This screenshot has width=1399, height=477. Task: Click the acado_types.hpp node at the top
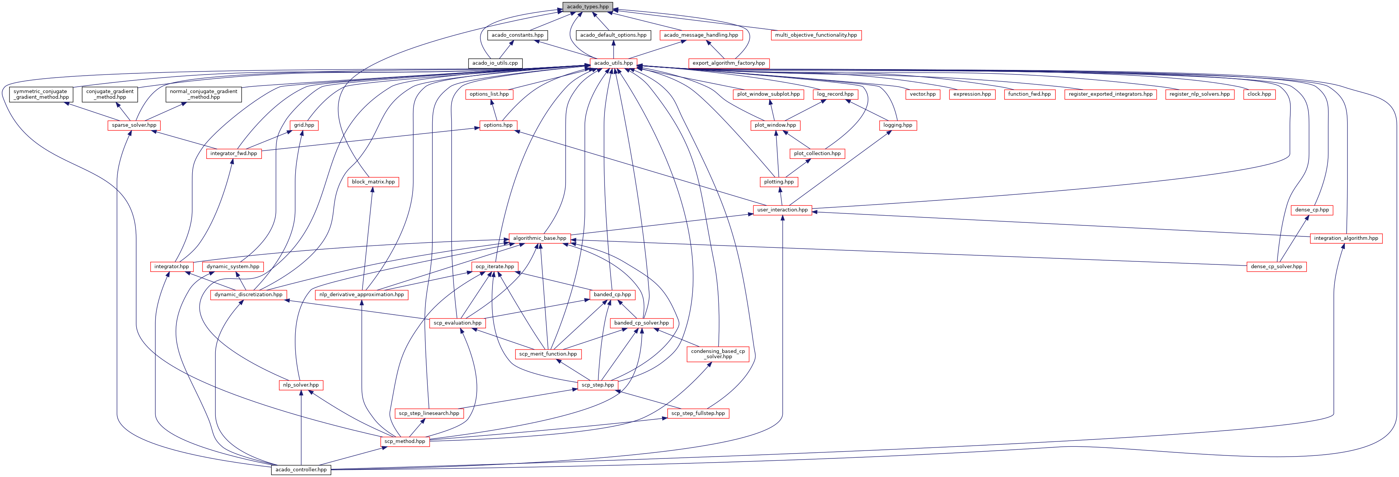pos(587,6)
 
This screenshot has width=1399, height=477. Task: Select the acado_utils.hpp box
pos(613,63)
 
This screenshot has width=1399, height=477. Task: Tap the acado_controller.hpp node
pos(301,469)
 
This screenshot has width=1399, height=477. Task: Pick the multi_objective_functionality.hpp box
pos(816,35)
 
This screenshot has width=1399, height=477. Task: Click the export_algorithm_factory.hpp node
pos(728,63)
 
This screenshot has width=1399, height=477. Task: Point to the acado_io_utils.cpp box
pos(495,63)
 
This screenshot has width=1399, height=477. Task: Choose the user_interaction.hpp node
pos(782,210)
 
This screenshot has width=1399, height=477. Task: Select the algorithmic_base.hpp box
pos(539,238)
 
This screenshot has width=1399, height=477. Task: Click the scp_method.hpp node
pos(405,441)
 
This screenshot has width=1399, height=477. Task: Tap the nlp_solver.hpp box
pos(301,385)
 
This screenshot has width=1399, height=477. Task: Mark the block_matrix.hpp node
pos(373,182)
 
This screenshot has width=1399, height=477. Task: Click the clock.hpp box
pos(1259,94)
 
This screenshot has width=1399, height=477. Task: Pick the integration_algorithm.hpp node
pos(1346,238)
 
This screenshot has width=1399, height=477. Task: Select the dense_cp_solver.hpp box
pos(1276,266)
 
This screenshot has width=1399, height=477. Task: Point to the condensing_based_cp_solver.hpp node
pos(718,354)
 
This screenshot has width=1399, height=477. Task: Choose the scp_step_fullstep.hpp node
pos(698,413)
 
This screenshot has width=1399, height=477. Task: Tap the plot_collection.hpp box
pos(817,154)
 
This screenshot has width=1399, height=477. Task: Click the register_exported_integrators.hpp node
pos(1110,94)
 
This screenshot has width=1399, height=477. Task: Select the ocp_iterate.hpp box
pos(495,266)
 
